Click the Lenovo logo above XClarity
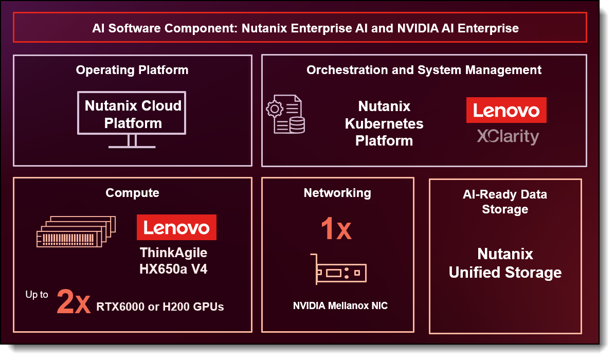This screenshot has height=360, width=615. coord(506,110)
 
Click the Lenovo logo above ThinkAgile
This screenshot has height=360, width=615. coord(176,227)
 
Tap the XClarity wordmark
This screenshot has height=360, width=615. coord(507,136)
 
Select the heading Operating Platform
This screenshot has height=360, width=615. coord(132,70)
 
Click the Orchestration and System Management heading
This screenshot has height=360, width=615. coord(424,70)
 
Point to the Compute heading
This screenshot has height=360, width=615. coord(132,193)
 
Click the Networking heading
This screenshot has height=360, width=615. coord(337,193)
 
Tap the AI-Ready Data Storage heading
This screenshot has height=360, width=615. coord(504,202)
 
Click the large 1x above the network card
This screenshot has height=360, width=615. coord(336,229)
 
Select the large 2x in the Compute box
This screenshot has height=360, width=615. coord(74,302)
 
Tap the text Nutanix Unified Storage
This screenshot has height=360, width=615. coord(505,263)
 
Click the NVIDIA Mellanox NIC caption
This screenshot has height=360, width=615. coord(340,306)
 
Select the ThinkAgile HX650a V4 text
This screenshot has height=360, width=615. coord(173,261)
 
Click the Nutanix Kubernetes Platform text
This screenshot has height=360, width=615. coord(384,123)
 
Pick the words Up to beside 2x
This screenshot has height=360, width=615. coord(37,295)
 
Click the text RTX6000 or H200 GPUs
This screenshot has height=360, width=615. coord(160,307)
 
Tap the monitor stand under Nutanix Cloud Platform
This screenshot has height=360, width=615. coord(132,142)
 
